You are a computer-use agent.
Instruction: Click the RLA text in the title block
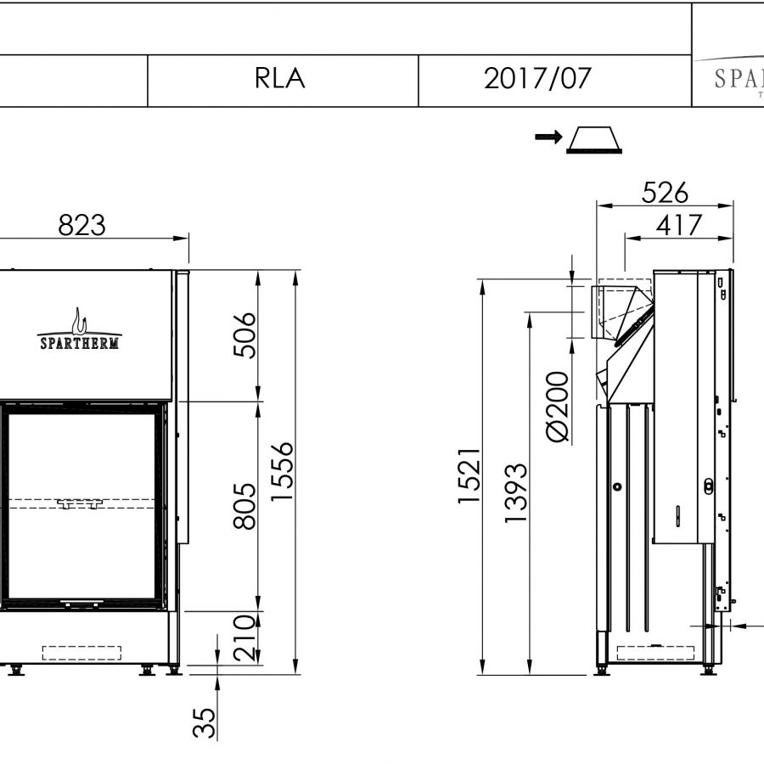(x=279, y=78)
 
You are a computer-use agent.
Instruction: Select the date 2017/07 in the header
(x=537, y=78)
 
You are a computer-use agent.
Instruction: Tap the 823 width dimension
(x=81, y=225)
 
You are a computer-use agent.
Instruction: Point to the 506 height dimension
(x=244, y=335)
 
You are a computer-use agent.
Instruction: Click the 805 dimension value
(x=244, y=506)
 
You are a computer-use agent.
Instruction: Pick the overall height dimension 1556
(x=282, y=472)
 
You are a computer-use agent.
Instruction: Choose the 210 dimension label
(x=244, y=638)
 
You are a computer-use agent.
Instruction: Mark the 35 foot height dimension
(x=204, y=723)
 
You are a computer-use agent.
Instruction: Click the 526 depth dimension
(x=665, y=193)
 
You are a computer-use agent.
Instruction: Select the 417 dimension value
(x=679, y=225)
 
